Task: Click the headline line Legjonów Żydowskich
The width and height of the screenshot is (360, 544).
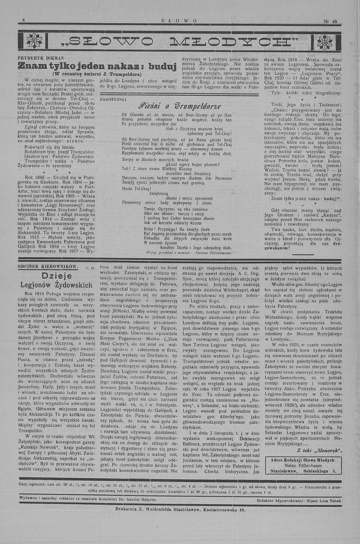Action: [57, 285]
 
